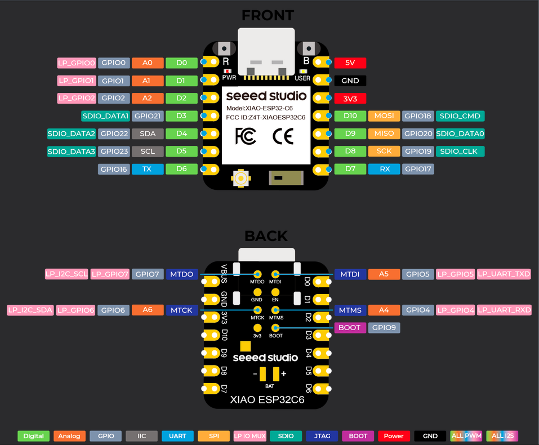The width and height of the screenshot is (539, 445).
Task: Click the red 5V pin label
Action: tap(350, 63)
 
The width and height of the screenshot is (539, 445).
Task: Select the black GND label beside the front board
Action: tap(350, 81)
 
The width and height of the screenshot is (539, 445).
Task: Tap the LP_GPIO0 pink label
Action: tap(76, 63)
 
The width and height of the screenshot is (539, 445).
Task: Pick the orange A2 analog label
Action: tap(148, 98)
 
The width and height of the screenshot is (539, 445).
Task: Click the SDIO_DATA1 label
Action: tap(105, 116)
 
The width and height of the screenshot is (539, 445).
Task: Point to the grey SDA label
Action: tap(148, 133)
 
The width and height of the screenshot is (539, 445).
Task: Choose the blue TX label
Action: tap(148, 169)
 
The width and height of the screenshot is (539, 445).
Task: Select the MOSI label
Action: tap(384, 116)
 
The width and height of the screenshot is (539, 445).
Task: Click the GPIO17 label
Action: tap(418, 169)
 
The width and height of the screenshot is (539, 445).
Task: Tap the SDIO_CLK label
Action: tap(460, 152)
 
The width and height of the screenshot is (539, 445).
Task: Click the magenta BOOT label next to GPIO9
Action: tap(350, 327)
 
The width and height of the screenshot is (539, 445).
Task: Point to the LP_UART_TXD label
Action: tap(504, 274)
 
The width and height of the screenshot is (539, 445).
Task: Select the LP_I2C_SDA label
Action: tap(30, 310)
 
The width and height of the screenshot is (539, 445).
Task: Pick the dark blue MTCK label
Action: tap(182, 310)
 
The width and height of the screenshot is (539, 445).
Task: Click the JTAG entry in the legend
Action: tap(322, 436)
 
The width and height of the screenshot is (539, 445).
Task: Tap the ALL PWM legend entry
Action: tap(466, 436)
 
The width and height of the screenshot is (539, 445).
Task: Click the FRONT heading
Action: tap(268, 15)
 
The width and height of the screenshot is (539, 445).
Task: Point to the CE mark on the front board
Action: tap(283, 136)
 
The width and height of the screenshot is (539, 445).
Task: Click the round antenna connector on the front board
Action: tap(240, 178)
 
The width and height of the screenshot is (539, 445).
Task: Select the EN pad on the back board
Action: tap(275, 292)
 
